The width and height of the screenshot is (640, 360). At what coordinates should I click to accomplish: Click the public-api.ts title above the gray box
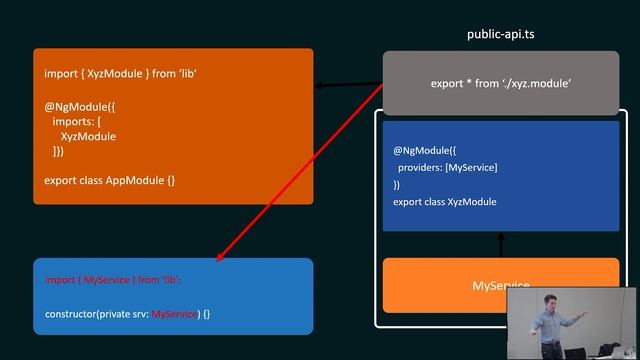(x=501, y=34)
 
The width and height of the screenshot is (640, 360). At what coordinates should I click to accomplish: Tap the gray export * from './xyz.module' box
(x=501, y=84)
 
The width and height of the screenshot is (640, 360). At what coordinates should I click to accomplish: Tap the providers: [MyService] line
(x=446, y=167)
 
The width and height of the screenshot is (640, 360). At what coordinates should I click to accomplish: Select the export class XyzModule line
(x=445, y=202)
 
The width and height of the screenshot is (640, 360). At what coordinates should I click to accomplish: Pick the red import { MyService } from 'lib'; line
(x=113, y=281)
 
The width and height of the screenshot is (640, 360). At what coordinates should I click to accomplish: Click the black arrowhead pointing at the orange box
(x=320, y=87)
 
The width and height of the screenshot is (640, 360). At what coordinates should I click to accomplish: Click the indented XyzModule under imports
(x=88, y=136)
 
